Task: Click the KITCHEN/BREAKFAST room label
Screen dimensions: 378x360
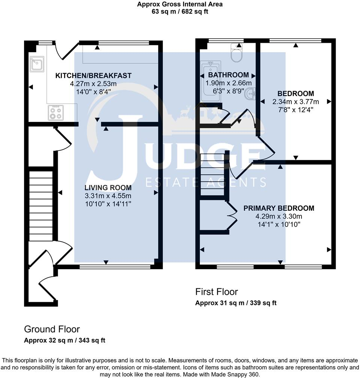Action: pyautogui.click(x=93, y=76)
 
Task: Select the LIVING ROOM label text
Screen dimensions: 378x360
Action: pyautogui.click(x=108, y=188)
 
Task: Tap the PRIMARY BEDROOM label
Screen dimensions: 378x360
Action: pyautogui.click(x=279, y=208)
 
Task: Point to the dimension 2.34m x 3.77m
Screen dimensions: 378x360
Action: pyautogui.click(x=295, y=102)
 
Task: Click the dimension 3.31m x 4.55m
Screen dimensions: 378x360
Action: pyautogui.click(x=108, y=196)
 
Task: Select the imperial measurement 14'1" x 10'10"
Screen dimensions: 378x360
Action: pyautogui.click(x=279, y=225)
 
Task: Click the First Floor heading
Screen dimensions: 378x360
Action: pyautogui.click(x=216, y=292)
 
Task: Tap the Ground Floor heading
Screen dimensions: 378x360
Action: pyautogui.click(x=52, y=329)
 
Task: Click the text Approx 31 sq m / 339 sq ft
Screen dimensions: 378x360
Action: pyautogui.click(x=235, y=303)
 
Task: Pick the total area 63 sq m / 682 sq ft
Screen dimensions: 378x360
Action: pyautogui.click(x=180, y=12)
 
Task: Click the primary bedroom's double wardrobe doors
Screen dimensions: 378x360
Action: pyautogui.click(x=232, y=216)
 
